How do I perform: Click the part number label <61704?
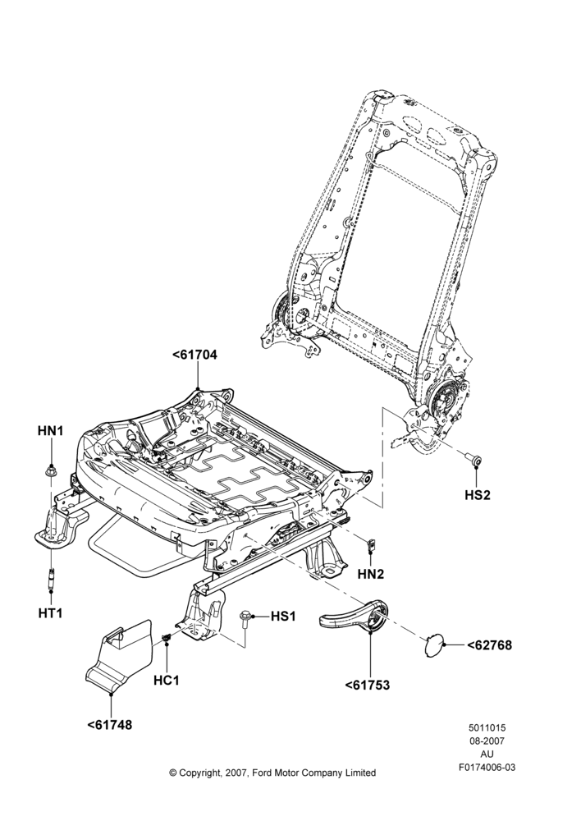194,355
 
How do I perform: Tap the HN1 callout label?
51,431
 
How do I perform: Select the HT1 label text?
50,612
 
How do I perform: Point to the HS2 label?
478,495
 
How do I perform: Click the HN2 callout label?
371,574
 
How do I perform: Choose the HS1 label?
283,617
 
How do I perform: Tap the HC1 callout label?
167,680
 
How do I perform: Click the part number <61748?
110,725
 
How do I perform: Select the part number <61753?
368,685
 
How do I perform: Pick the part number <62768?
489,645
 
